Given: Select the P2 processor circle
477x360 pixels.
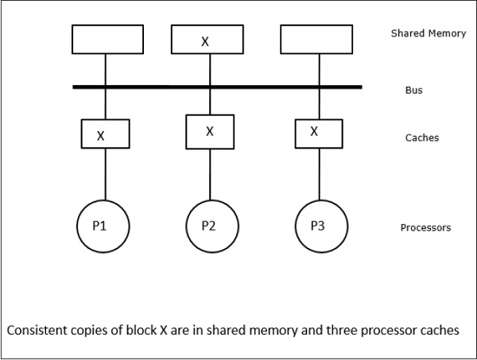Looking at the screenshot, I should (210, 226).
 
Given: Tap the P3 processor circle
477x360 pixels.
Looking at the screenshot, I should (318, 226).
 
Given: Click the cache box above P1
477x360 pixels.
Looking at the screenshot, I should (104, 134).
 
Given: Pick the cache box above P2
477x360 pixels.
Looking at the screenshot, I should (210, 132).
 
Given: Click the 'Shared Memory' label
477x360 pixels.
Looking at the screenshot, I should (429, 34).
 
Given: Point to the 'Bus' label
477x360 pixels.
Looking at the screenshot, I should (413, 91).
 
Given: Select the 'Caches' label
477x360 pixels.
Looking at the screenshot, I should (421, 138).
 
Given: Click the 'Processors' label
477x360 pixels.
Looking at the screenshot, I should (425, 228).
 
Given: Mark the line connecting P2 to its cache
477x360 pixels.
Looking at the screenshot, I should (210, 173).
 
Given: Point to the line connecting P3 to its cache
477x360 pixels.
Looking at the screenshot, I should (318, 172).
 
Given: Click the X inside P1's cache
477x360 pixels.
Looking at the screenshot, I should (100, 136).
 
